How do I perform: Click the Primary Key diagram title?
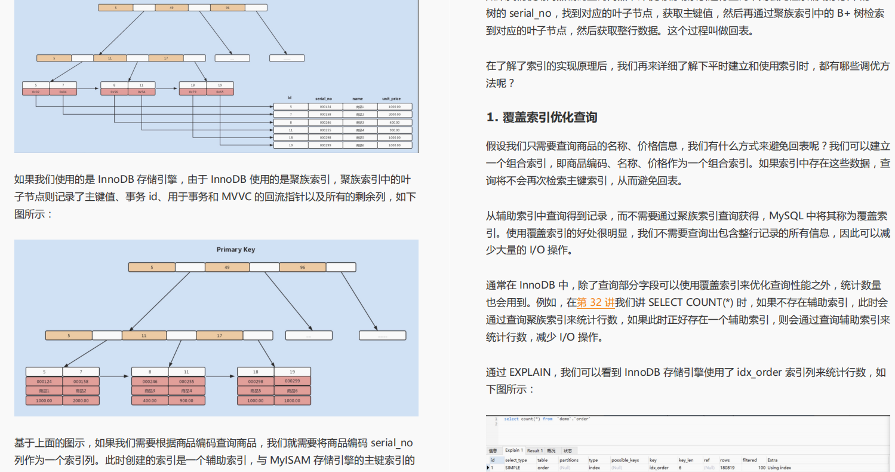coord(235,250)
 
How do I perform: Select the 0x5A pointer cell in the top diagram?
coord(142,92)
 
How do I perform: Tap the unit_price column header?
coord(391,98)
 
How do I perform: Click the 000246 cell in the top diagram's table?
coord(325,122)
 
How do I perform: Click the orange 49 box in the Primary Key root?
coord(227,268)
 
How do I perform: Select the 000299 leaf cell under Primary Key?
coord(293,381)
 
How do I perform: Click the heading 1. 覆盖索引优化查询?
coord(542,118)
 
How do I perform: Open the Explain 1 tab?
coord(513,450)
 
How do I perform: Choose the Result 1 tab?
coord(534,450)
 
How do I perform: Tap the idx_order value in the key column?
coord(659,468)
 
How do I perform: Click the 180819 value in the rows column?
coord(728,468)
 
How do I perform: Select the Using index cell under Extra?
coord(779,468)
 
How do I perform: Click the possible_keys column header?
coord(625,460)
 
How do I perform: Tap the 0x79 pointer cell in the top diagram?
coord(193,92)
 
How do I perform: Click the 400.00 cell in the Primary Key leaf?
coord(149,401)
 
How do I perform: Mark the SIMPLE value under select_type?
coord(513,468)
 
